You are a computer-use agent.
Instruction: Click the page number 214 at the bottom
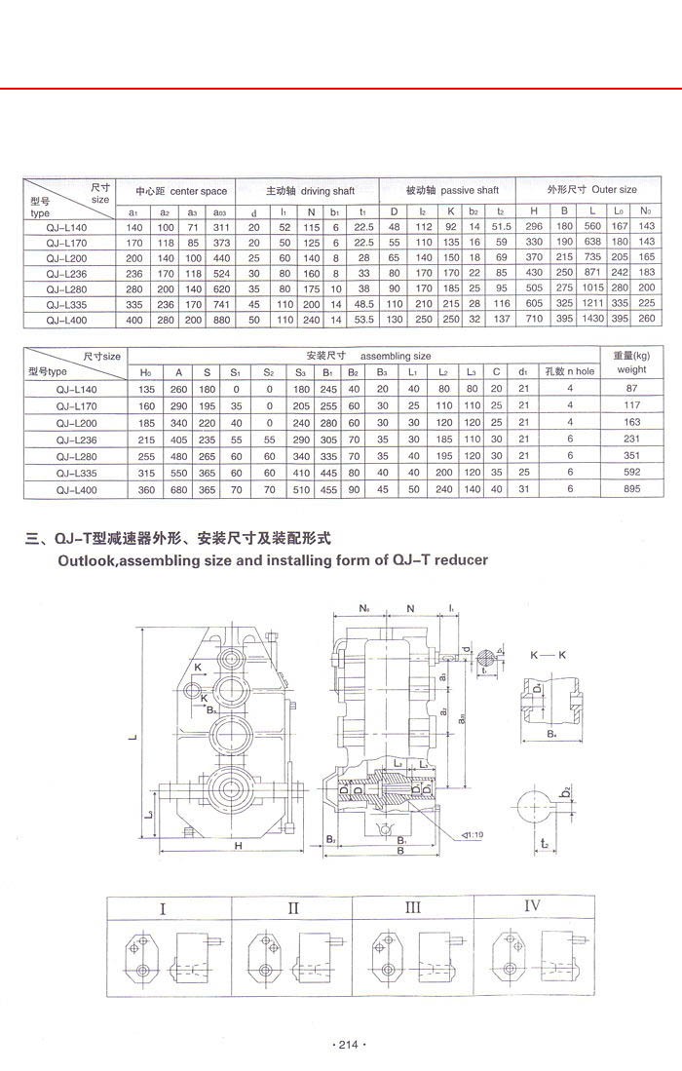point(349,1046)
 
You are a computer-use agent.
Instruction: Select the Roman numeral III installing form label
point(412,907)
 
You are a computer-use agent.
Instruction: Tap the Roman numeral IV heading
point(532,905)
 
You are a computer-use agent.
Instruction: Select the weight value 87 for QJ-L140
point(631,389)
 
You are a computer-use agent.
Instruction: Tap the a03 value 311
point(219,227)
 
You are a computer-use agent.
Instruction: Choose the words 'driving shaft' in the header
point(327,191)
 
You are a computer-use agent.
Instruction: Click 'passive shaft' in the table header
point(471,191)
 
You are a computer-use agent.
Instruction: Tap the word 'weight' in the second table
point(631,370)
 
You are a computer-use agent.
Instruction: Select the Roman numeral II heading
point(292,908)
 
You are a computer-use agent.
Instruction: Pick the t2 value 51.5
point(502,227)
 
